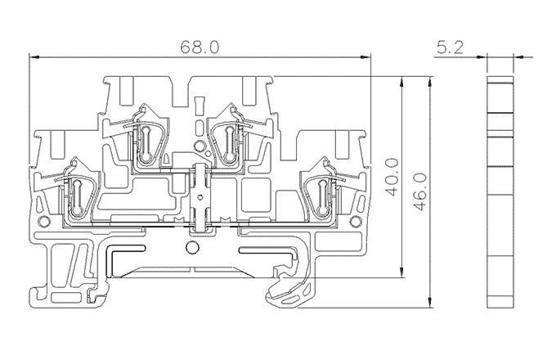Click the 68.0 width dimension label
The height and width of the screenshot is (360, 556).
200,47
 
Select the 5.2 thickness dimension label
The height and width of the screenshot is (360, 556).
450,47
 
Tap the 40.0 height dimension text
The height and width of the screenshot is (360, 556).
392,178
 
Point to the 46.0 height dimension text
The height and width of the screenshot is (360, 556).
419,192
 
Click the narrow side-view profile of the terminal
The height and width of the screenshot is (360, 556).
500,191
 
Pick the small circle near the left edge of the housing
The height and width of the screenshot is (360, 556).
43,222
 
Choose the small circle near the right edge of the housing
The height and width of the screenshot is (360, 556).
355,222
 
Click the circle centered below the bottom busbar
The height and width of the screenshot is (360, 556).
191,248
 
